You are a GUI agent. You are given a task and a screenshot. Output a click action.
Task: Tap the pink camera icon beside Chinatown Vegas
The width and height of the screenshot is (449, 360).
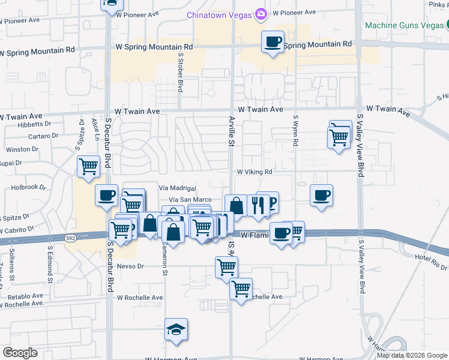[x=261, y=13]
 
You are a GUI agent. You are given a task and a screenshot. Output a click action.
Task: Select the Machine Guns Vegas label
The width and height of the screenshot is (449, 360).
[x=403, y=26]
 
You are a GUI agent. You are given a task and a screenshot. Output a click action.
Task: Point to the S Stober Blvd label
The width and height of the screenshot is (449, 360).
[x=180, y=71]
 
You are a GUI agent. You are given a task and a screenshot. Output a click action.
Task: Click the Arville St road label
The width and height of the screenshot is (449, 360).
[x=231, y=131]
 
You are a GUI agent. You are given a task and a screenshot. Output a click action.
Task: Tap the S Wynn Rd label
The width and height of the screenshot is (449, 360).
[x=295, y=132]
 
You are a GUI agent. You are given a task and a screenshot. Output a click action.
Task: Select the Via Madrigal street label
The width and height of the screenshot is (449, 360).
[x=178, y=188]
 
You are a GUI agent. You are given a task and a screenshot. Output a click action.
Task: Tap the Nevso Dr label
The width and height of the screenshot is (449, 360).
[x=131, y=266]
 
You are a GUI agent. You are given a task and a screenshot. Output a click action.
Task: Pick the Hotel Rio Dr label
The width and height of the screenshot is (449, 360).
[x=431, y=257]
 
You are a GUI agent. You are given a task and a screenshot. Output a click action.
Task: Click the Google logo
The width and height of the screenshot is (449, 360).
[x=20, y=353]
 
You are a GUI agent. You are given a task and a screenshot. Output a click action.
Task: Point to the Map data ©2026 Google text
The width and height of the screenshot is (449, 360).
[x=412, y=355]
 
